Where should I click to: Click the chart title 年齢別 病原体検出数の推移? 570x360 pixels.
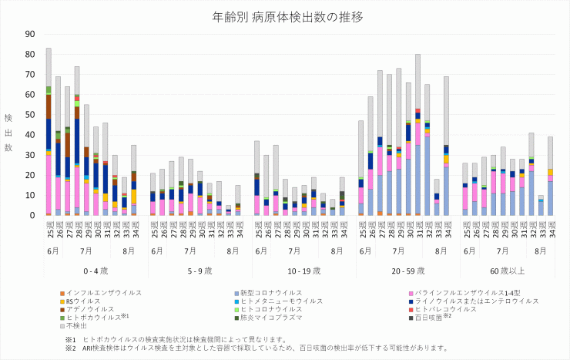click(284, 16)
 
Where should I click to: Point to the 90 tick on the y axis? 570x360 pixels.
click(31, 34)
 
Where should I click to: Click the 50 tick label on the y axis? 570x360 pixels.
click(31, 115)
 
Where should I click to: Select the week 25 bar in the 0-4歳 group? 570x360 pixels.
click(49, 131)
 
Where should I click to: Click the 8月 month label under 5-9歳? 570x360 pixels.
click(233, 252)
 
